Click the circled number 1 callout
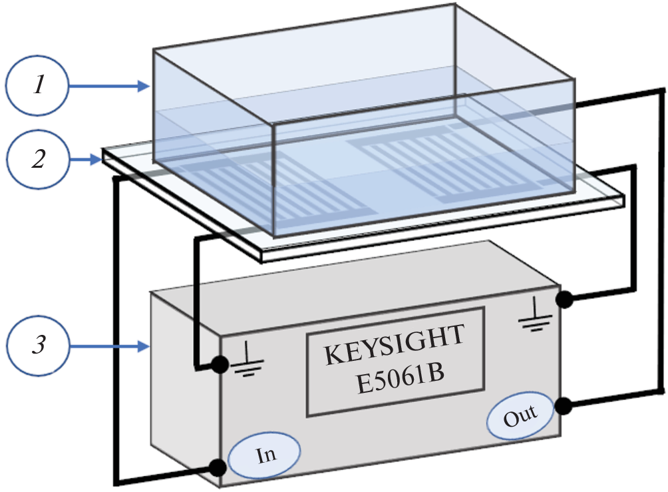39,87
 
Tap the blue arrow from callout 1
110,86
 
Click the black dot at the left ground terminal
217,364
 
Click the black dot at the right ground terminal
564,300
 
